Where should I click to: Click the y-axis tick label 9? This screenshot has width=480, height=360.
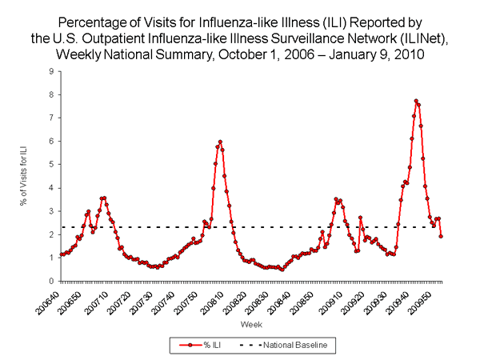pyautogui.click(x=51, y=71)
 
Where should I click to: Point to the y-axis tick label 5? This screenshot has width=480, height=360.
pyautogui.click(x=51, y=165)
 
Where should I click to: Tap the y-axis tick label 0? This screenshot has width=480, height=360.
pyautogui.click(x=51, y=282)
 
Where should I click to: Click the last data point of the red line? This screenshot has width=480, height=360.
pyautogui.click(x=441, y=236)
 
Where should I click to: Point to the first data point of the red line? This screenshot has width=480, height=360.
pyautogui.click(x=61, y=255)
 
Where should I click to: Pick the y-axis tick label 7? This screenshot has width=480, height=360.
pyautogui.click(x=51, y=118)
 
